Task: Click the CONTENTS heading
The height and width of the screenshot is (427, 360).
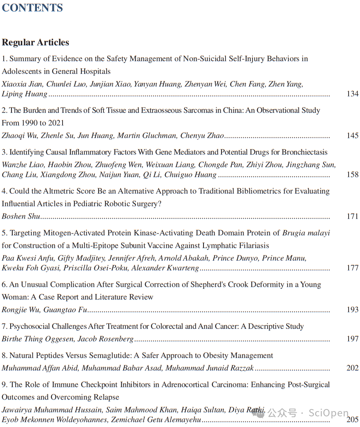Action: pyautogui.click(x=32, y=8)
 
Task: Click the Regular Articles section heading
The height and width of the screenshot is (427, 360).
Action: pyautogui.click(x=36, y=42)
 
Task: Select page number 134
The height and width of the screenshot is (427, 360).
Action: pyautogui.click(x=352, y=94)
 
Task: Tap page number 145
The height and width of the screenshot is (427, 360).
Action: pyautogui.click(x=352, y=136)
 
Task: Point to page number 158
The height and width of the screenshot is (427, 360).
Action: pyautogui.click(x=352, y=174)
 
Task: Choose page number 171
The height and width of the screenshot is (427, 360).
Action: pyautogui.click(x=352, y=217)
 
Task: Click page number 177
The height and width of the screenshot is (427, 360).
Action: pyautogui.click(x=352, y=268)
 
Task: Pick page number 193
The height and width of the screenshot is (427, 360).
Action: pyautogui.click(x=352, y=310)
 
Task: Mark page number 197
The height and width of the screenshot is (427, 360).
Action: pyautogui.click(x=352, y=339)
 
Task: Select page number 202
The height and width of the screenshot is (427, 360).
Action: pyautogui.click(x=352, y=368)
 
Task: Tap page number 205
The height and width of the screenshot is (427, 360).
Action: pyautogui.click(x=352, y=420)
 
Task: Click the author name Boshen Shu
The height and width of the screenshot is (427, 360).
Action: pyautogui.click(x=21, y=217)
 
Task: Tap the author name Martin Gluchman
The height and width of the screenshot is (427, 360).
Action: pyautogui.click(x=154, y=136)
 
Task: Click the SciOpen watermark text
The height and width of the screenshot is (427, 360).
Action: pyautogui.click(x=329, y=413)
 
